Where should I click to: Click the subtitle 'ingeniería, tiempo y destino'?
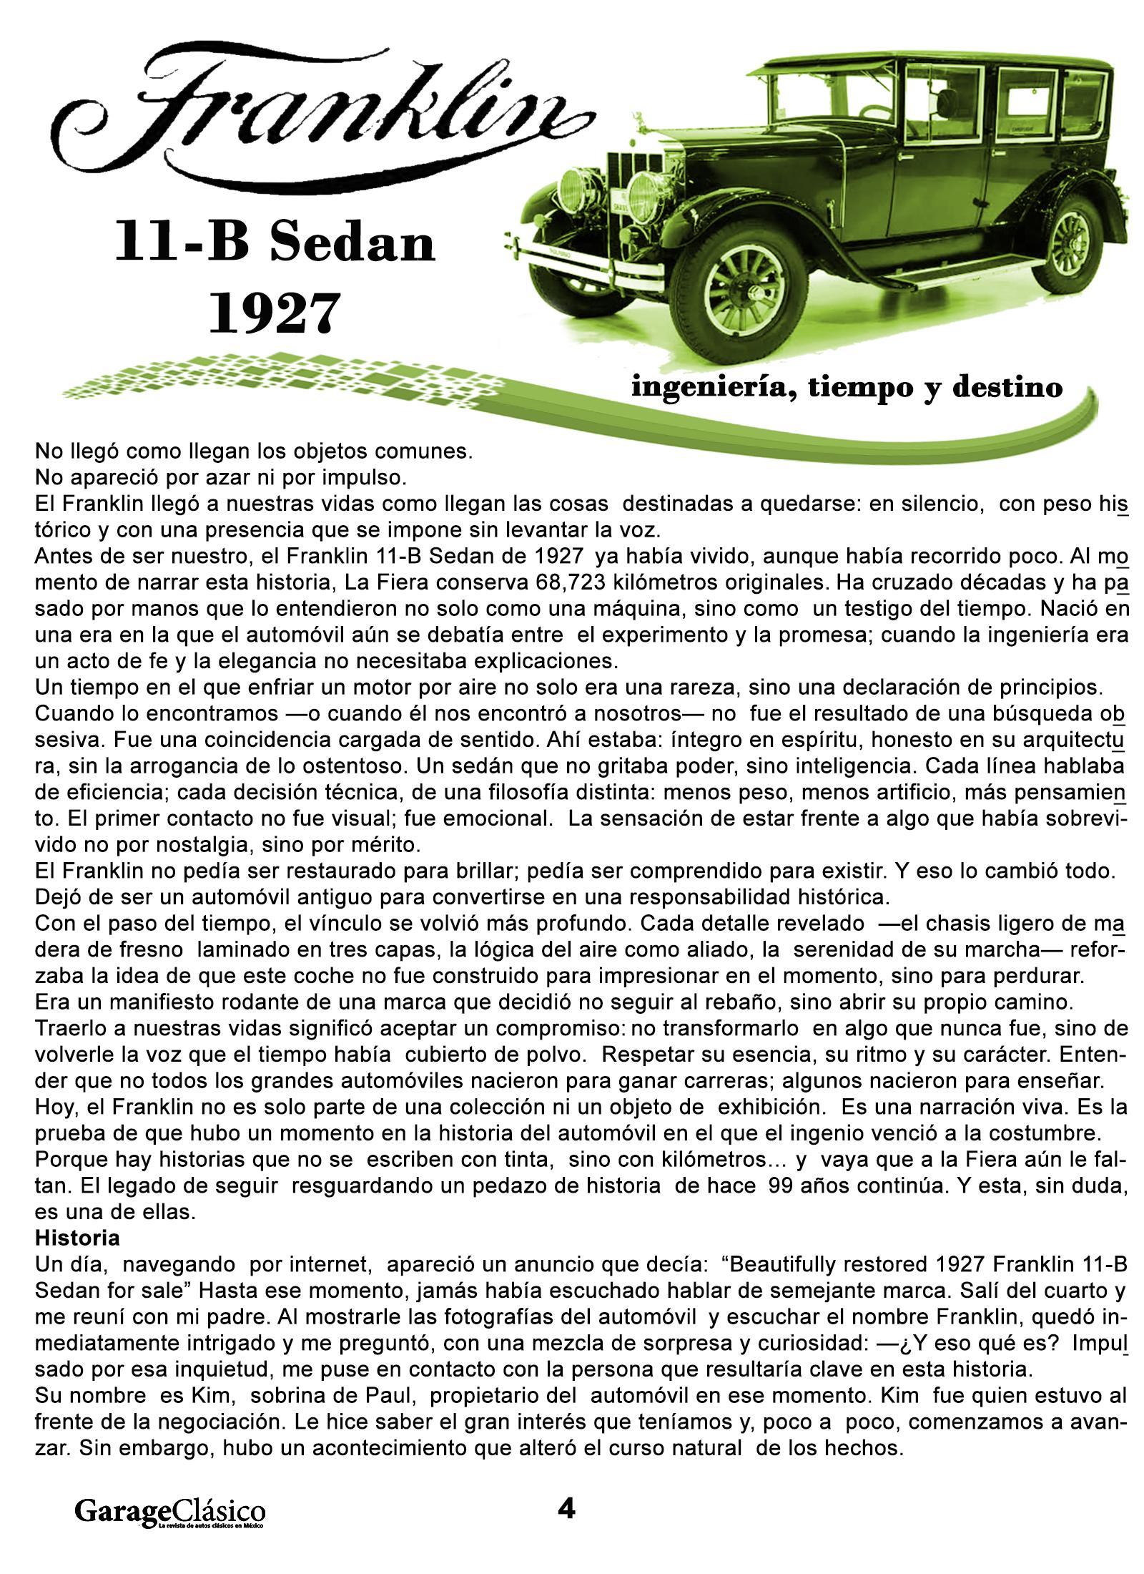[846, 387]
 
